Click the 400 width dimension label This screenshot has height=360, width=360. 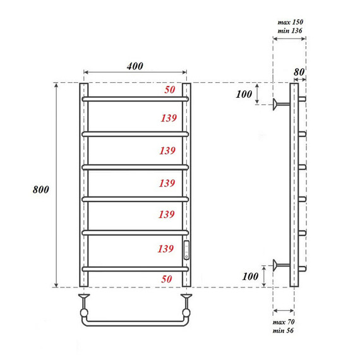coord(135,66)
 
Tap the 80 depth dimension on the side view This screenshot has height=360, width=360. coord(299,71)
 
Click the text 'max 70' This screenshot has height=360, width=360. coord(283,322)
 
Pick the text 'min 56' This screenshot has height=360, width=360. coord(283,331)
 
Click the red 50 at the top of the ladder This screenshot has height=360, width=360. coord(169,90)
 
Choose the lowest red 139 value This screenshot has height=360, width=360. coord(167,249)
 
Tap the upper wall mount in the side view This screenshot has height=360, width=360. coord(279,104)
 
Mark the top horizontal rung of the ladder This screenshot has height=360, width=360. coord(135,99)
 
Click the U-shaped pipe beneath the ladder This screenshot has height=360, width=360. coord(135,321)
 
